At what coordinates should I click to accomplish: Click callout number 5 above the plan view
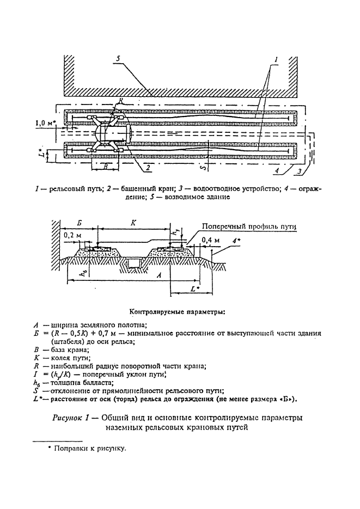coord(119,57)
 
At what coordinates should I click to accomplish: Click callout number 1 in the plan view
coord(277,58)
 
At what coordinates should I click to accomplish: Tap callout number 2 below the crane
coord(147,168)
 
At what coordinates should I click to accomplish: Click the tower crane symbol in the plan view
coord(114,132)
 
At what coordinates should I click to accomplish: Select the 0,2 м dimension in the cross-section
coord(73,235)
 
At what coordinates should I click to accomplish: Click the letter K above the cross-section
coord(133,222)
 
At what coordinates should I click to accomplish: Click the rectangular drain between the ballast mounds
coord(133,264)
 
